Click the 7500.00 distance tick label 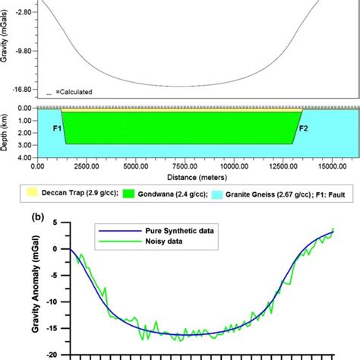[x=186, y=163]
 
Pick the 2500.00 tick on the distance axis [x=90, y=163]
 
